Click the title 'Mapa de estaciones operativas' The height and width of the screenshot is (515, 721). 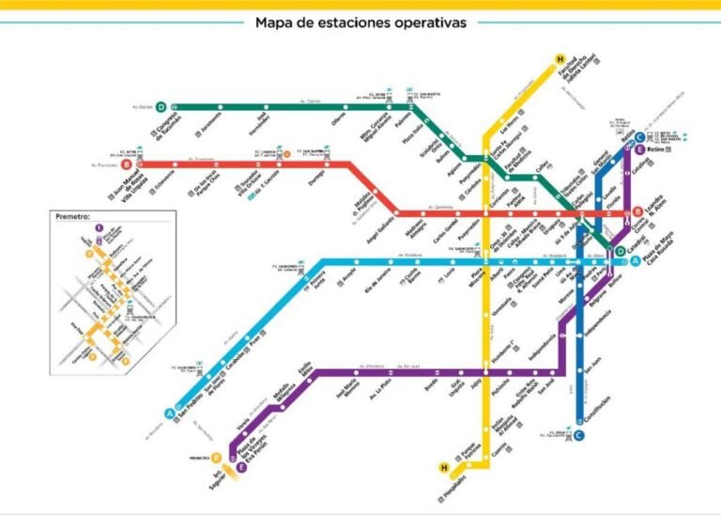pyautogui.click(x=360, y=23)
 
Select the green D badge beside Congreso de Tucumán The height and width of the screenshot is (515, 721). pyautogui.click(x=161, y=106)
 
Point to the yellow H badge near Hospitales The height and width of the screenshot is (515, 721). pyautogui.click(x=444, y=466)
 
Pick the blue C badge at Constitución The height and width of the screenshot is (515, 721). pyautogui.click(x=579, y=434)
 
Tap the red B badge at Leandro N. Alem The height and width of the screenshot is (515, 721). pyautogui.click(x=637, y=211)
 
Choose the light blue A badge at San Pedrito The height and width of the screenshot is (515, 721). pyautogui.click(x=170, y=413)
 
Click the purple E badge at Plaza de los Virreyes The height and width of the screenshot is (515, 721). pyautogui.click(x=241, y=466)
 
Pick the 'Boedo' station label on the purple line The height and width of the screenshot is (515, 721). pyautogui.click(x=431, y=383)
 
